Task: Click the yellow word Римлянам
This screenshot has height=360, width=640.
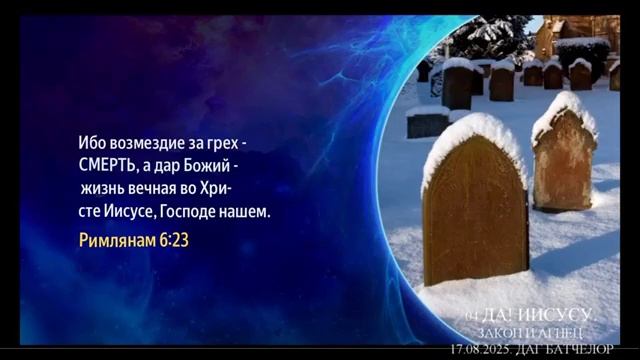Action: click(x=117, y=241)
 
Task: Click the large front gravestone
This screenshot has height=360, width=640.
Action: click(x=474, y=215)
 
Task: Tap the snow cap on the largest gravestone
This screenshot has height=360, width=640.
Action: click(x=470, y=135)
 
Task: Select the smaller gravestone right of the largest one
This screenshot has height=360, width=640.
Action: click(x=565, y=160)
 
